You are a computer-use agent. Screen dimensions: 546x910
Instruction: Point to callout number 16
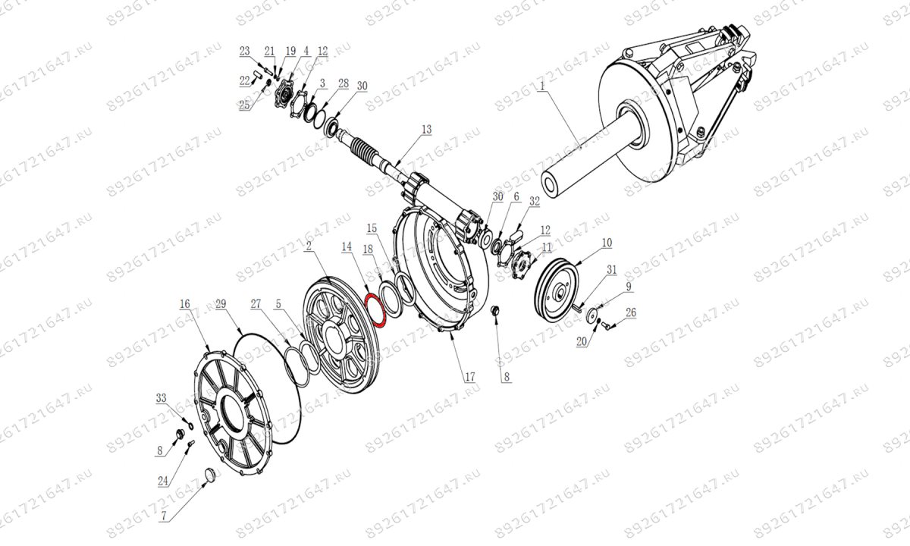click(x=184, y=304)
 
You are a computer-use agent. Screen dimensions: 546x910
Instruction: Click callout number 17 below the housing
click(x=469, y=376)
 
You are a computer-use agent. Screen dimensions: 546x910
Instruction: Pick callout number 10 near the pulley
click(x=607, y=243)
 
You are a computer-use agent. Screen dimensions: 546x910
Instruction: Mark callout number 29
click(x=221, y=304)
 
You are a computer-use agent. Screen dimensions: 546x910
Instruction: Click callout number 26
click(x=631, y=312)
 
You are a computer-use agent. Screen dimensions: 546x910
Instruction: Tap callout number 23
click(x=244, y=51)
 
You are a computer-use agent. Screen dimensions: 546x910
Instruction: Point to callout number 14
click(x=347, y=246)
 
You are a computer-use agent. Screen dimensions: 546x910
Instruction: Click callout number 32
click(x=535, y=202)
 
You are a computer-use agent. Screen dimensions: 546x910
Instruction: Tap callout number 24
click(x=162, y=480)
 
